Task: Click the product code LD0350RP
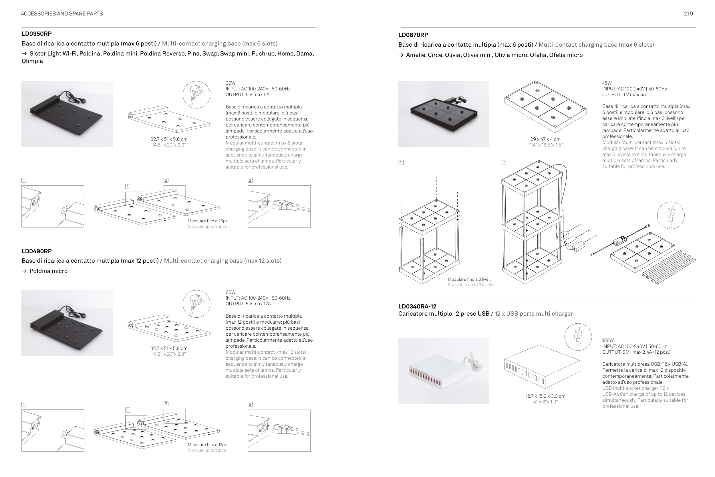[37, 34]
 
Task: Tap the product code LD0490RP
[37, 251]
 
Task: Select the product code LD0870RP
[413, 35]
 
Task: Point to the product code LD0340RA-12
[417, 306]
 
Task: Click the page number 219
[688, 14]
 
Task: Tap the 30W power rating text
[231, 83]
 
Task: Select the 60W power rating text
[231, 292]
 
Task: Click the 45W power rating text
[607, 83]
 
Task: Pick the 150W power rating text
[608, 341]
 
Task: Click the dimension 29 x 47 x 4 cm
[545, 139]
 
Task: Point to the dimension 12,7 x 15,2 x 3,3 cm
[545, 396]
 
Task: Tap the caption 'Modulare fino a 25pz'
[207, 221]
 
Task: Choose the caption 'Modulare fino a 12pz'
[207, 445]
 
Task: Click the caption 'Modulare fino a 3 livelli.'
[470, 279]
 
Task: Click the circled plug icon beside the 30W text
[196, 95]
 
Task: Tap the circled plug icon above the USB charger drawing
[578, 337]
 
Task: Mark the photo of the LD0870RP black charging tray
[444, 114]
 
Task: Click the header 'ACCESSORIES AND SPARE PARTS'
[62, 14]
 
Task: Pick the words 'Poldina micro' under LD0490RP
[48, 271]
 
